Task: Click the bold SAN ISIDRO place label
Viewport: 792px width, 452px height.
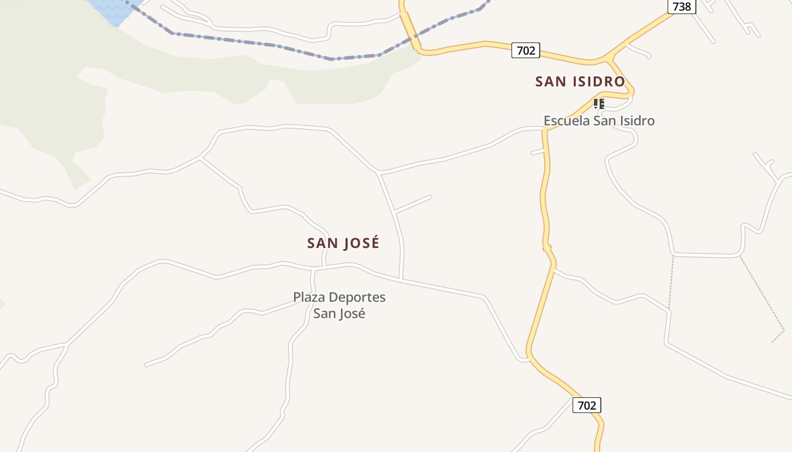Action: (x=580, y=82)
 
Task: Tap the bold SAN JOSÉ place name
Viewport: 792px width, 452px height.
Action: (x=343, y=244)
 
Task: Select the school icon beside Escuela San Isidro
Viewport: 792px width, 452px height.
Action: (x=599, y=103)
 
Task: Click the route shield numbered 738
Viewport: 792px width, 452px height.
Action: (x=682, y=6)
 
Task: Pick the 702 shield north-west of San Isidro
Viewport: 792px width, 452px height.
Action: (x=526, y=50)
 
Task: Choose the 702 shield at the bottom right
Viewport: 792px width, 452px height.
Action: (x=587, y=405)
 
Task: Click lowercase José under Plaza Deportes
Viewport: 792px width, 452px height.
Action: (x=352, y=314)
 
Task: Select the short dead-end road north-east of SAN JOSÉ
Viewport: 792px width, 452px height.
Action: (x=413, y=205)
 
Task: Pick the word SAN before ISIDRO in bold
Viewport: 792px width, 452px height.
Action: (x=551, y=82)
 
